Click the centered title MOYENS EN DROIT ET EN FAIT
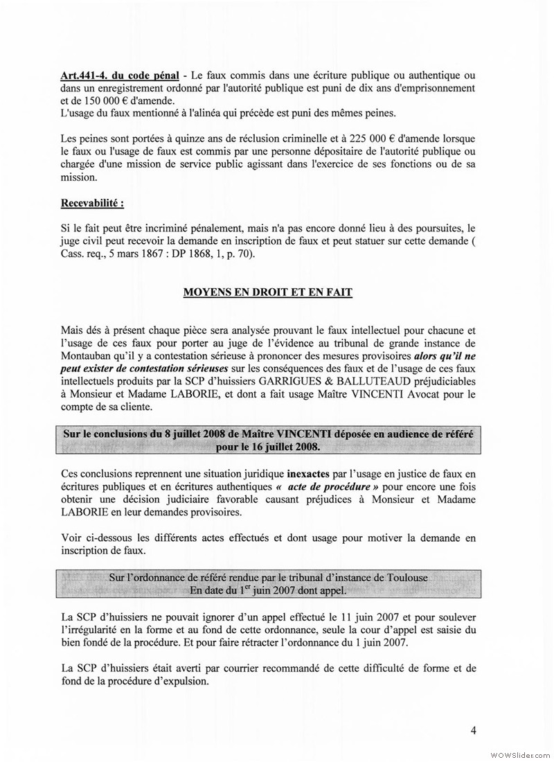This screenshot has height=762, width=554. tap(267, 292)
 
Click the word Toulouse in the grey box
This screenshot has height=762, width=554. tap(408, 578)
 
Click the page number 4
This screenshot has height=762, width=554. tap(474, 729)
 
